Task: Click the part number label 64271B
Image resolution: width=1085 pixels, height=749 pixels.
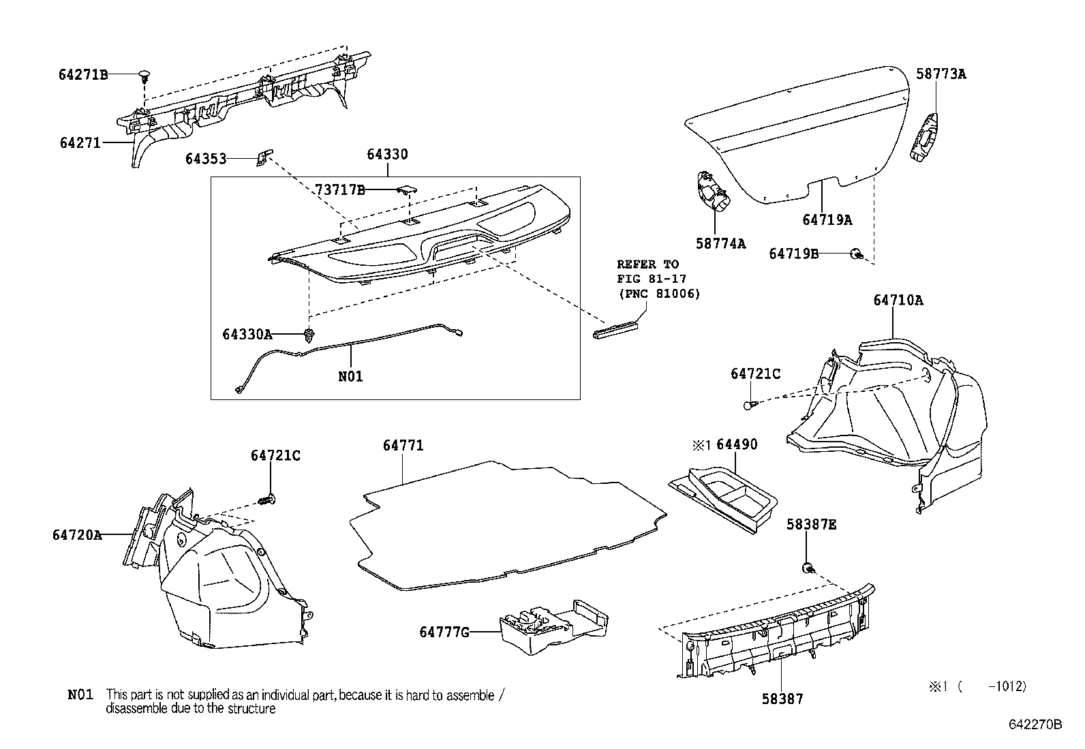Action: coord(83,75)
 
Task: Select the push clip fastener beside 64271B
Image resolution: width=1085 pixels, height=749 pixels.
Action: coord(144,75)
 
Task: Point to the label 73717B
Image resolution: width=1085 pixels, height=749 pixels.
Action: coord(340,190)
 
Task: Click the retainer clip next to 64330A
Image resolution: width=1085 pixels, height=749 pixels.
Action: coord(310,335)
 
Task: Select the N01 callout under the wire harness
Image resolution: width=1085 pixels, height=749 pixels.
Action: coord(350,376)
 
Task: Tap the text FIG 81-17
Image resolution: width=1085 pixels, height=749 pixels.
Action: coord(651,279)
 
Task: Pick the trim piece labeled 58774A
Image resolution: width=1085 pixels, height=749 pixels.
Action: coord(711,192)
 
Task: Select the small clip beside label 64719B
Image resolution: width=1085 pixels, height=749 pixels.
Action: coord(856,254)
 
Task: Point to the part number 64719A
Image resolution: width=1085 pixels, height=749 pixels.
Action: coord(827,219)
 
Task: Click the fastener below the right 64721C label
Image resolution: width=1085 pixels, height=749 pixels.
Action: coord(750,405)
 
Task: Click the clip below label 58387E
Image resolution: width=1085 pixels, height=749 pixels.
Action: coord(807,567)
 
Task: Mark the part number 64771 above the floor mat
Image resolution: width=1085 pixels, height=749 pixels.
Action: coord(403,445)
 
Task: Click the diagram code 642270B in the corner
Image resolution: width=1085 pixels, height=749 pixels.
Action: coord(1035,724)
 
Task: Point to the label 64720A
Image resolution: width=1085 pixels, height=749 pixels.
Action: coord(77,535)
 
